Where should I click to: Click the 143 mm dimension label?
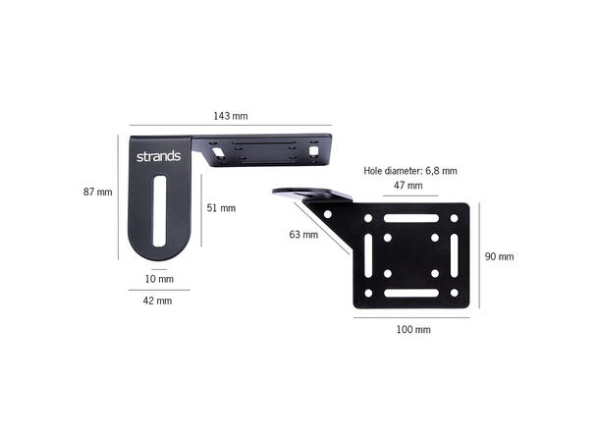point(231,116)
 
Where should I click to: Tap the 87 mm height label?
point(98,192)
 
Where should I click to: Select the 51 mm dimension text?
point(221,208)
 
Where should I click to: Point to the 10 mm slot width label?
point(159,279)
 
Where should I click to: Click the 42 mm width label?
point(157,301)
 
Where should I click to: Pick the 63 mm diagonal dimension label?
point(303,234)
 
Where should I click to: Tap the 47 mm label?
point(408,186)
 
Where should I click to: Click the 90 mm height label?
point(499,256)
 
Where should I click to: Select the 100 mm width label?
point(413,329)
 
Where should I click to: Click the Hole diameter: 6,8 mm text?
point(410,170)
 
